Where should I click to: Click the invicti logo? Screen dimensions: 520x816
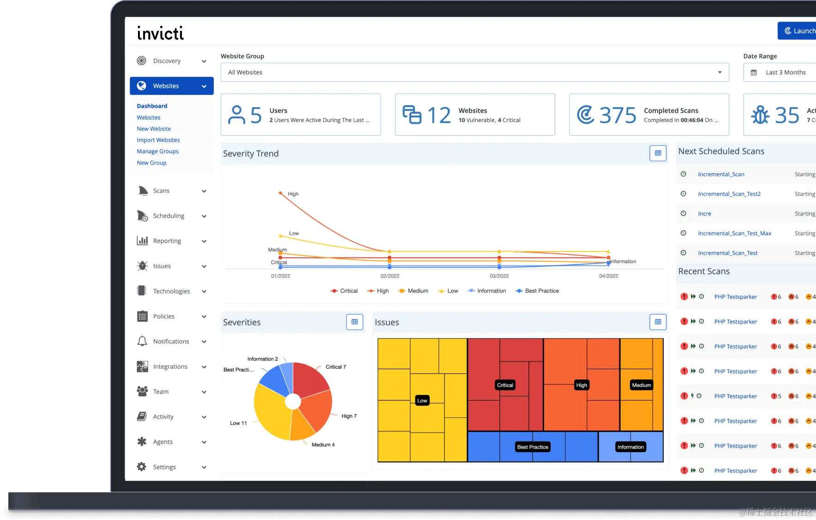click(160, 33)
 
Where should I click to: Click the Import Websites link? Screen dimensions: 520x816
click(158, 140)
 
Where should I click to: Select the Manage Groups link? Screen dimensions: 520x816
click(157, 151)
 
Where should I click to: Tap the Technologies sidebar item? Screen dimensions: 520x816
click(171, 291)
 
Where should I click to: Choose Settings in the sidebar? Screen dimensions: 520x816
click(164, 467)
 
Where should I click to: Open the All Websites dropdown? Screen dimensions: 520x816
click(474, 72)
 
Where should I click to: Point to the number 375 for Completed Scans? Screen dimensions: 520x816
click(618, 115)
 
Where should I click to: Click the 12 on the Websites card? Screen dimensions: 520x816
click(438, 115)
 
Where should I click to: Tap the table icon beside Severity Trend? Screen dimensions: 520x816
click(658, 153)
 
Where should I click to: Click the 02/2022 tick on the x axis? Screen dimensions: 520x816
click(390, 276)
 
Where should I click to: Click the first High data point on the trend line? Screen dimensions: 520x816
click(280, 193)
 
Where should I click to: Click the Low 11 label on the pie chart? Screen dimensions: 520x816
click(238, 423)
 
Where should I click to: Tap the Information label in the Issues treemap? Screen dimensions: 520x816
click(630, 447)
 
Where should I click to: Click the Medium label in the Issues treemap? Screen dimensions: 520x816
click(641, 385)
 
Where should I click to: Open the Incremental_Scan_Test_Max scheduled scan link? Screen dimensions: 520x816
click(734, 233)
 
